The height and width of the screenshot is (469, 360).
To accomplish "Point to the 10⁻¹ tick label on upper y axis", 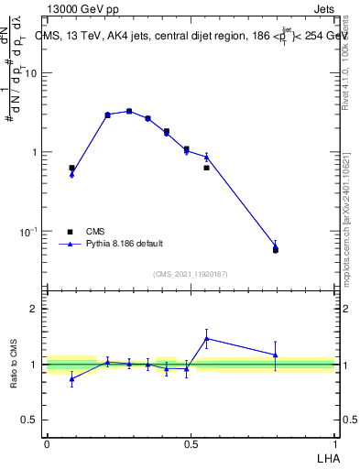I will [28, 231].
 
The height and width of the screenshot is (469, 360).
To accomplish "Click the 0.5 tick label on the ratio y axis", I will [29, 420].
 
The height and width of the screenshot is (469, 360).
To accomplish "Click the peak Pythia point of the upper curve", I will [129, 111].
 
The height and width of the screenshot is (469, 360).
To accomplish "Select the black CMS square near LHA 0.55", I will [207, 168].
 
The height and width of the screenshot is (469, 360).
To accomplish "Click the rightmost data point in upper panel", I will [276, 247].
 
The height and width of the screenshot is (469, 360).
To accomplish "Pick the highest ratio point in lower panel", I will [207, 338].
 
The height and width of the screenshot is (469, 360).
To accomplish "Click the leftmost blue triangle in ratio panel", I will [72, 378].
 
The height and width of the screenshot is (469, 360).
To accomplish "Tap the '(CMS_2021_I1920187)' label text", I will [191, 272].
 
